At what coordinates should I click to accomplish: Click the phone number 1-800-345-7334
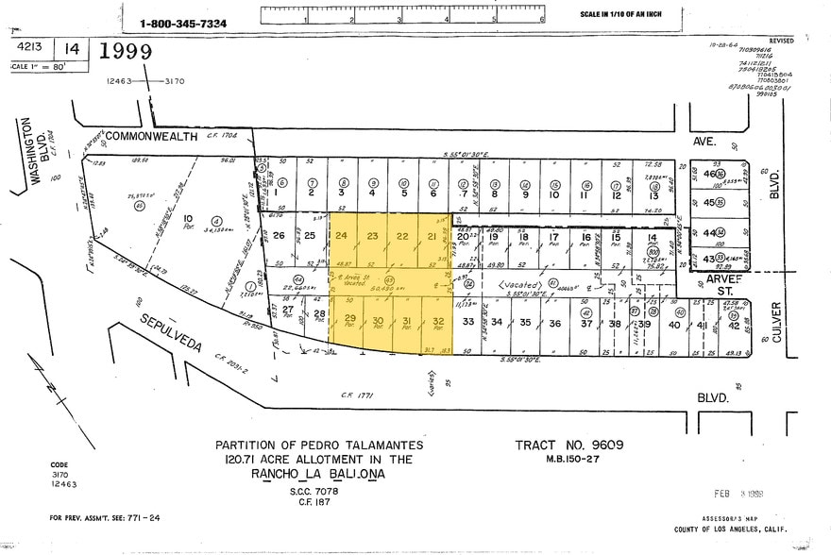point(183,23)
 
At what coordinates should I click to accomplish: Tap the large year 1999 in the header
point(120,52)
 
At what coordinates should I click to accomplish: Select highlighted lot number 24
point(342,235)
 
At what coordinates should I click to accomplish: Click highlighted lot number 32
point(438,323)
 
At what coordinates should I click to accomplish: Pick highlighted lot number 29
point(349,321)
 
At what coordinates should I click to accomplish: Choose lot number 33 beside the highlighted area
point(467,323)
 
